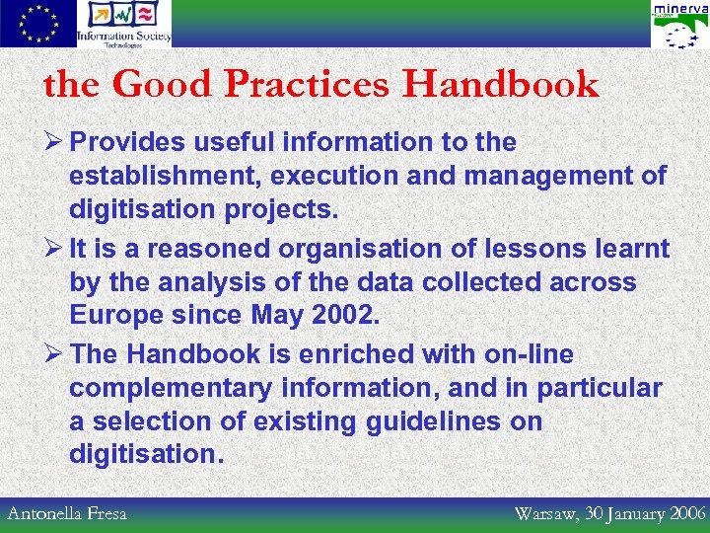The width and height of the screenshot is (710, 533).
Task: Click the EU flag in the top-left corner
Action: (37, 24)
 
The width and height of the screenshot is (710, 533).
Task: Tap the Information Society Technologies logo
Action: (125, 24)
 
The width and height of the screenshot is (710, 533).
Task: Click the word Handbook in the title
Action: (500, 85)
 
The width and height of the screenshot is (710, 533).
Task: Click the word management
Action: (559, 177)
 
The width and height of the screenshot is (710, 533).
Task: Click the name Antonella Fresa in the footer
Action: (67, 513)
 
